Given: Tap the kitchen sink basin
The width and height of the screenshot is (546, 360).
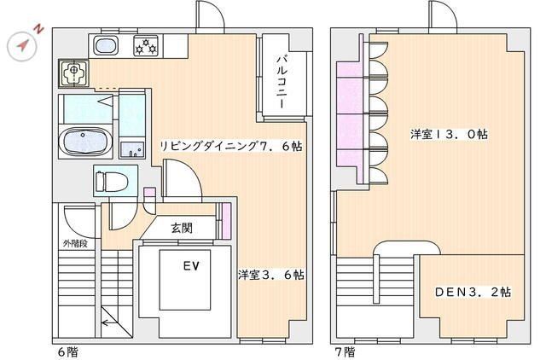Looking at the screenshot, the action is coord(106,45).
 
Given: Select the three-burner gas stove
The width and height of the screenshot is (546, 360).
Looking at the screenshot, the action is coord(146,45).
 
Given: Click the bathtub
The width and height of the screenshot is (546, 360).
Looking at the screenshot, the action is coord(85,142).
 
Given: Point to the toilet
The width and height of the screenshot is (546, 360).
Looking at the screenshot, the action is coord(112,181).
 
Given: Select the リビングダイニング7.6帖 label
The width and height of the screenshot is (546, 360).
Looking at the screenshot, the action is coord(231,146).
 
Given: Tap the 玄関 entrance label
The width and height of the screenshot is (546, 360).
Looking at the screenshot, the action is coord(181,228).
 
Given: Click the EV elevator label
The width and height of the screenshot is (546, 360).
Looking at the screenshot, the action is coord(191,266).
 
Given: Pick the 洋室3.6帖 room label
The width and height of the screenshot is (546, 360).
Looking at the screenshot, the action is coord(271,275).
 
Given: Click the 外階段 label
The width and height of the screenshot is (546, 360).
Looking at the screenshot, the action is coord(75,243).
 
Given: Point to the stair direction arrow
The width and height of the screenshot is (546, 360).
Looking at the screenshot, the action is coord(109,322).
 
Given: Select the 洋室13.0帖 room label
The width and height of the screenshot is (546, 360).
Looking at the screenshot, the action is coord(449,135).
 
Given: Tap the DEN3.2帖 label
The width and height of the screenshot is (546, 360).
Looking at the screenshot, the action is coord(473,292).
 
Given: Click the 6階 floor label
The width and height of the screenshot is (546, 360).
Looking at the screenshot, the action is coord(67,352).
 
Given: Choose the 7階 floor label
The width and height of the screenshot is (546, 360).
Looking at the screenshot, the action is coord(345,352).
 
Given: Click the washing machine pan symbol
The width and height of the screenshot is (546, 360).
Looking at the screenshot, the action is coord(73,73).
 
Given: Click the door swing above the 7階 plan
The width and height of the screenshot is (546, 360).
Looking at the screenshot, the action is coord(443,15).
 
